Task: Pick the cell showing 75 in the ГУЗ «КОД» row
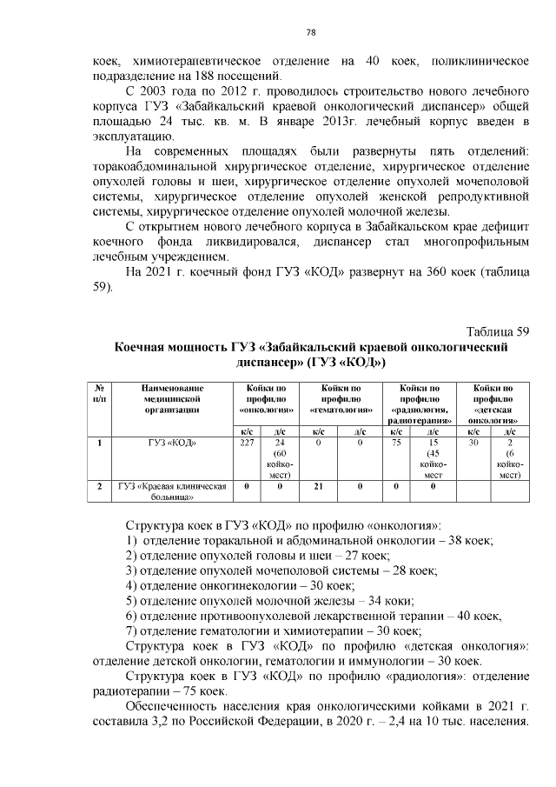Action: pos(395,443)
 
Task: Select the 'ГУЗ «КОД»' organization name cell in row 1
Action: pos(172,443)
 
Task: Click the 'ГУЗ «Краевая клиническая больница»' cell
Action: pos(172,492)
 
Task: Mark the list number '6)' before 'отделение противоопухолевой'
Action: pos(133,617)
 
